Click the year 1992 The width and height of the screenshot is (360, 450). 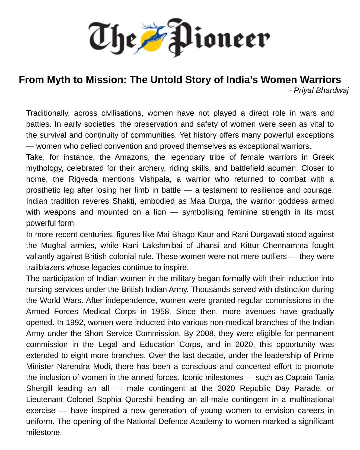75,322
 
